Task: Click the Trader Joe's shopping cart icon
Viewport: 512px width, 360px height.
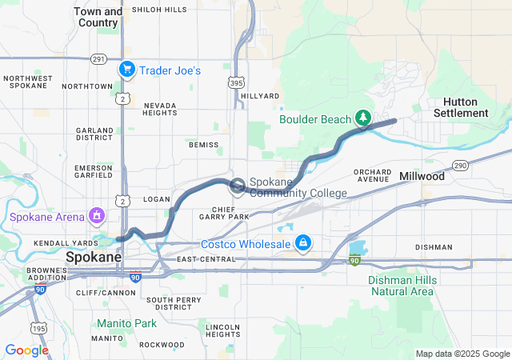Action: [x=126, y=70]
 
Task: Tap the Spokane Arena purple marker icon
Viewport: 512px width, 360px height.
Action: [x=97, y=215]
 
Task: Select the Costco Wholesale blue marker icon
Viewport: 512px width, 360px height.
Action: [x=303, y=242]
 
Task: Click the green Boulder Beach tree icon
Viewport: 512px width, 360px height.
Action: [x=364, y=119]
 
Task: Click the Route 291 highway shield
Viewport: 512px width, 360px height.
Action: [x=98, y=58]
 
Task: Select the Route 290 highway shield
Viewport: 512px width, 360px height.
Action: [x=459, y=166]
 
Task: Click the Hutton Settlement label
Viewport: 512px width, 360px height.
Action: [x=460, y=107]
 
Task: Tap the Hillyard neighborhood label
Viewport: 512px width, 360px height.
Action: [x=260, y=96]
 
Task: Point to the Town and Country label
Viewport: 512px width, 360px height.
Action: [x=98, y=17]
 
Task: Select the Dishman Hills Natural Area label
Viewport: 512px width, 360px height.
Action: [x=401, y=286]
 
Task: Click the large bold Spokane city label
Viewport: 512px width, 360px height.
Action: [x=93, y=258]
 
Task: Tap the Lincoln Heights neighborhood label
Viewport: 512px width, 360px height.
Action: [x=222, y=330]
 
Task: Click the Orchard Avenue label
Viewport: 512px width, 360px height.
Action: [x=372, y=175]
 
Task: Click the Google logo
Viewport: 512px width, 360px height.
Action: [x=26, y=350]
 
